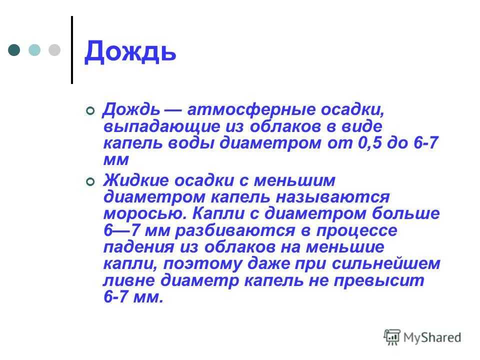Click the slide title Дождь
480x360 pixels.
[130, 52]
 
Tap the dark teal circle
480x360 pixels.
[14, 50]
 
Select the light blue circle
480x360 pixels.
[34, 50]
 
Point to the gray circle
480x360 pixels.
[54, 50]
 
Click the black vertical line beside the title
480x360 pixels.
[72, 50]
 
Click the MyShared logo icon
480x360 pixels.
[392, 337]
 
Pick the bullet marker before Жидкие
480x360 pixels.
[90, 182]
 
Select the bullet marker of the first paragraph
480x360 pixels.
[90, 111]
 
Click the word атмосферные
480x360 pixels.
[251, 110]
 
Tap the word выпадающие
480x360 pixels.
[162, 126]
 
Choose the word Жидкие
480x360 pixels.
[136, 180]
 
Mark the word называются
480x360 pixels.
[333, 197]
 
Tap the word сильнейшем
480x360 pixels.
[386, 263]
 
